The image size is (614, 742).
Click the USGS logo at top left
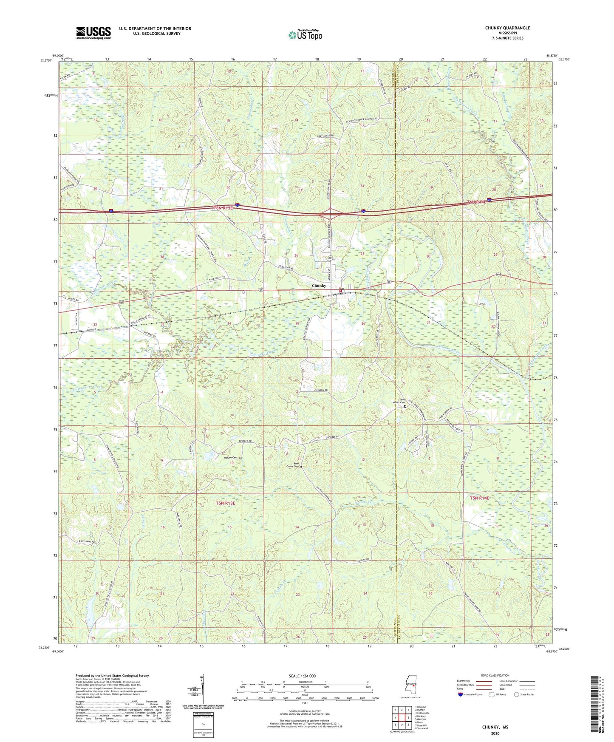93,33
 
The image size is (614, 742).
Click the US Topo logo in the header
305,35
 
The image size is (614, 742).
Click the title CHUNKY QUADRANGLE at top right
507,28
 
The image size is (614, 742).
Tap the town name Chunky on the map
319,286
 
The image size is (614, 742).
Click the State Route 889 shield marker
330,258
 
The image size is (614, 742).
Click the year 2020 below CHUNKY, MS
495,733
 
